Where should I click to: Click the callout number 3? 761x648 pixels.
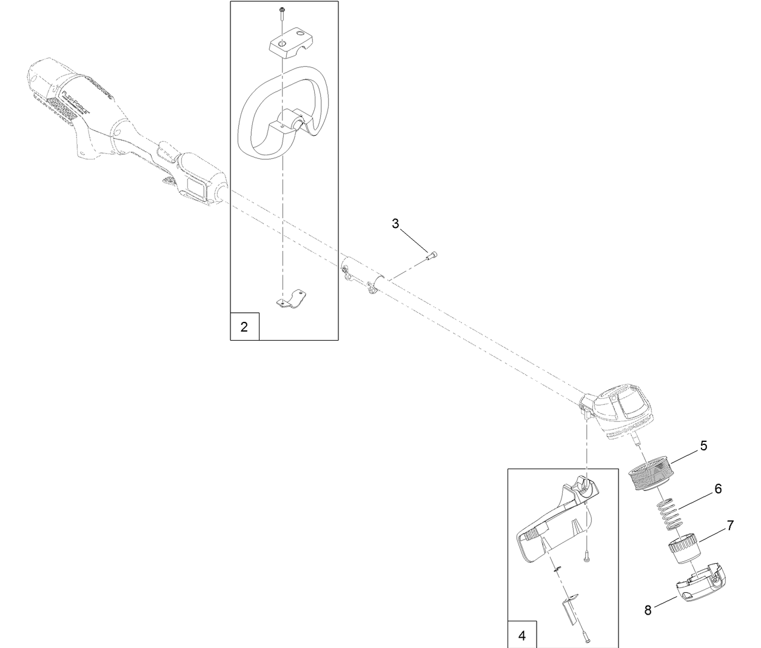[395, 224]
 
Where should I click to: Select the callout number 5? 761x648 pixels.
[703, 446]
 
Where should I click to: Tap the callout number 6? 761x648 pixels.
[718, 488]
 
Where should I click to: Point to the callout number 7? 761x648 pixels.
[730, 525]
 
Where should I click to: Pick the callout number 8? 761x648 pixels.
[648, 610]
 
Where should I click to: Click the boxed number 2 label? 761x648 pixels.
[244, 327]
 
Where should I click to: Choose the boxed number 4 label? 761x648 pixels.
[522, 636]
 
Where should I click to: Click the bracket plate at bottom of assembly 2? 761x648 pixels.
[290, 299]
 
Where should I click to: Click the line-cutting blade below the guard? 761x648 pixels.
[571, 613]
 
